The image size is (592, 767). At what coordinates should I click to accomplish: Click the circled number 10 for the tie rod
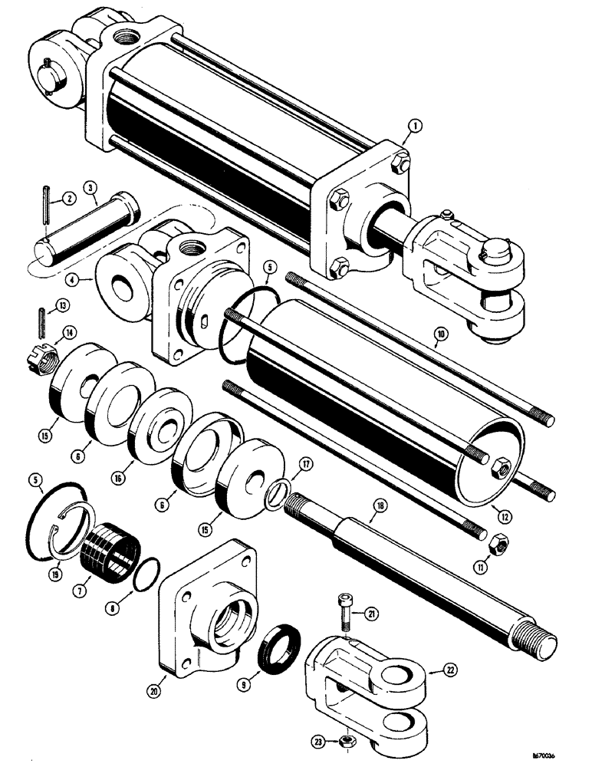coord(439,334)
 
